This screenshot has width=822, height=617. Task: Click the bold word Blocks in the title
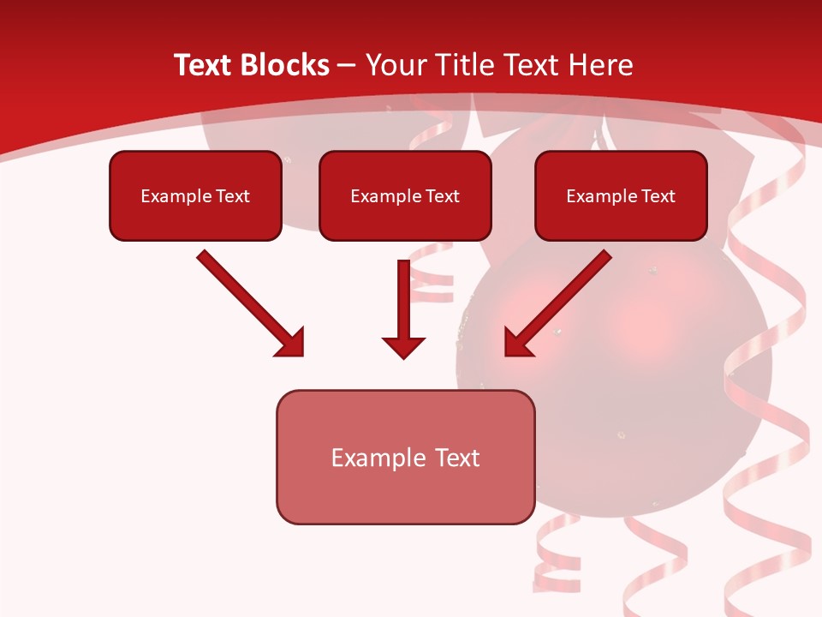[x=282, y=65]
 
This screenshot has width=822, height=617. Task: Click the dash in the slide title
[x=347, y=66]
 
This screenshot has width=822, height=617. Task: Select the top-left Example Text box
[x=195, y=195]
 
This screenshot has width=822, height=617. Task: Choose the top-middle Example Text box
[x=405, y=195]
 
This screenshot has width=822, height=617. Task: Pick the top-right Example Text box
[x=621, y=195]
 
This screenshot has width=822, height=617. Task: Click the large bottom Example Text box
[x=405, y=457]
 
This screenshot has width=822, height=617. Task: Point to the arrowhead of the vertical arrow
[x=403, y=346]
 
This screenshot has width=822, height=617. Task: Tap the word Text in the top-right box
[x=658, y=196]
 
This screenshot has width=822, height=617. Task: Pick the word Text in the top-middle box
[x=443, y=196]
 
